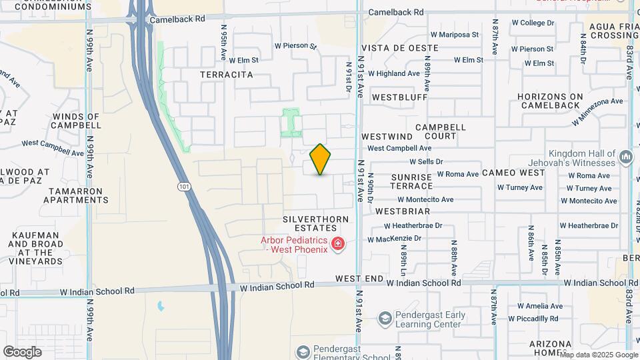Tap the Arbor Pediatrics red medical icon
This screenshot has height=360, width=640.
[x=338, y=245]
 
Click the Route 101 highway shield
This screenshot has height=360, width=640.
[x=183, y=187]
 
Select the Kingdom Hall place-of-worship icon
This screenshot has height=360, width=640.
[x=625, y=157]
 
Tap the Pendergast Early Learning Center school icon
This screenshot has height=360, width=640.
[x=384, y=319]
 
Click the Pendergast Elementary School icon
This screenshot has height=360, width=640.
[x=303, y=351]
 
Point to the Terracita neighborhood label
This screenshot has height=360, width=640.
[x=227, y=75]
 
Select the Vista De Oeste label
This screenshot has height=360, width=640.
[x=400, y=48]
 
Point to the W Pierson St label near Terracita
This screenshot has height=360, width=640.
[x=295, y=46]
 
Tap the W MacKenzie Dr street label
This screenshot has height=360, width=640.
[x=395, y=239]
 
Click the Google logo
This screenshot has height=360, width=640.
[x=22, y=351]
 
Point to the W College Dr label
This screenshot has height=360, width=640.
[x=533, y=23]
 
